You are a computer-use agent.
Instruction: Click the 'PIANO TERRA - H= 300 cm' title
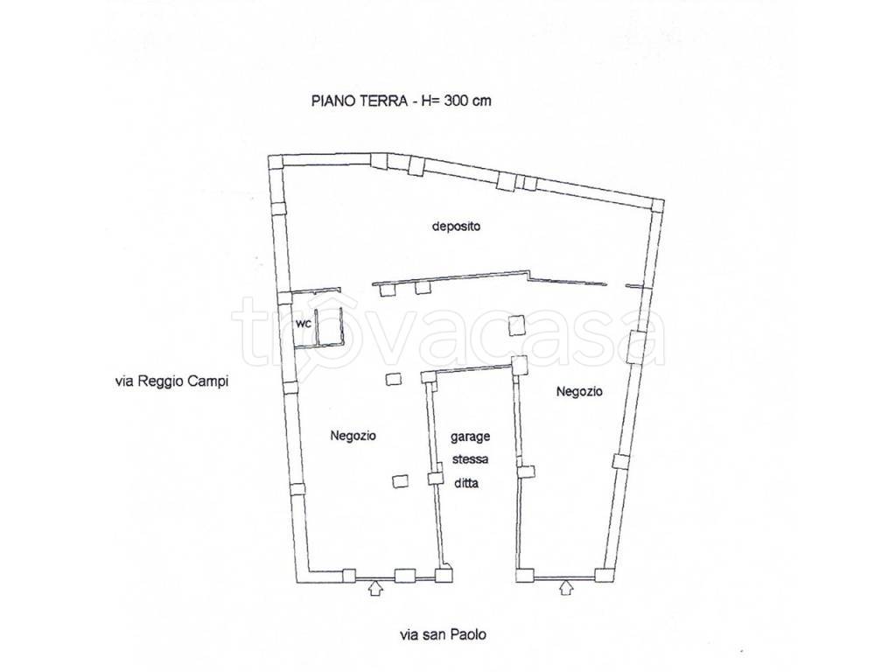click(x=401, y=101)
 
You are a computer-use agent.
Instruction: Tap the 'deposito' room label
click(x=456, y=227)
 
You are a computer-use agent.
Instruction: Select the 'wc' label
click(x=304, y=324)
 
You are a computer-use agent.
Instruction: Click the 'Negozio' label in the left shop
click(x=353, y=436)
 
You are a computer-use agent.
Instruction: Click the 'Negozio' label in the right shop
click(x=579, y=391)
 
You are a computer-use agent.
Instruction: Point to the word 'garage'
click(x=470, y=437)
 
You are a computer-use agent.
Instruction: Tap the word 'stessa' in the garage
click(x=470, y=459)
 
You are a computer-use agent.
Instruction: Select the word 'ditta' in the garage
click(x=466, y=483)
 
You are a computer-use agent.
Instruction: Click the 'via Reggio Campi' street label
click(x=171, y=381)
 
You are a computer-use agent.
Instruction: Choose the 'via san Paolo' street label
click(x=444, y=634)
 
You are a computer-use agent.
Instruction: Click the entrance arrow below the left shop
click(x=374, y=588)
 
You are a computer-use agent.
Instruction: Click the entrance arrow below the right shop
click(x=566, y=587)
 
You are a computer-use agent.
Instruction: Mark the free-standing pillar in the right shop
click(x=516, y=325)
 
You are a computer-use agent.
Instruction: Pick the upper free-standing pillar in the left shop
click(x=393, y=379)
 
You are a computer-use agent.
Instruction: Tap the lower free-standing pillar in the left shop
click(x=401, y=482)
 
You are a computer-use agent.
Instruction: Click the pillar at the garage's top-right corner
click(x=520, y=365)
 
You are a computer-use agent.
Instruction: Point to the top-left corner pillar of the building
click(x=276, y=161)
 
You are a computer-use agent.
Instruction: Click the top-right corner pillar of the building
click(x=656, y=206)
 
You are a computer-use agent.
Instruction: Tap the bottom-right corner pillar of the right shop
click(x=603, y=576)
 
